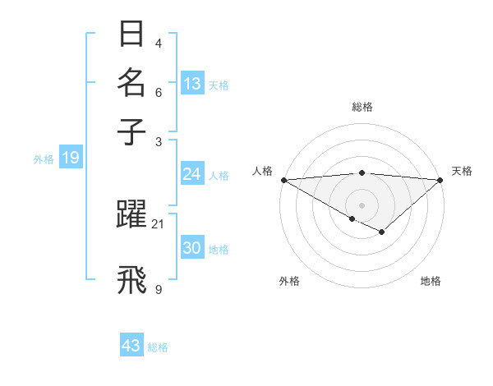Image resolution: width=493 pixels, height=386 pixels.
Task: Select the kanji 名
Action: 131,84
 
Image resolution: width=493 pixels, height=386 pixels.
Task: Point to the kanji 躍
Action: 131,214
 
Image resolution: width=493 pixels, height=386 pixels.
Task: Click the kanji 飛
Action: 131,278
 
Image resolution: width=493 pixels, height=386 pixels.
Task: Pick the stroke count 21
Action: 158,223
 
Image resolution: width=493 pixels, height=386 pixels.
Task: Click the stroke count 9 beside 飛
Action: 158,288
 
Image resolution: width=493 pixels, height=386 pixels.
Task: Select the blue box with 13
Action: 192,83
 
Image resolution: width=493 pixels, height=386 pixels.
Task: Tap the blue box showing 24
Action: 191,174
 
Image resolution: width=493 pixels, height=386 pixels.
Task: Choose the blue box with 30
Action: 191,248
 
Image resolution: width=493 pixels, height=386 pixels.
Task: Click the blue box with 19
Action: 71,159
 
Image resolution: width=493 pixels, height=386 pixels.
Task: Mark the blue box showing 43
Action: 131,346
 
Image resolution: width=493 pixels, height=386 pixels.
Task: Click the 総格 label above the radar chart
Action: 362,107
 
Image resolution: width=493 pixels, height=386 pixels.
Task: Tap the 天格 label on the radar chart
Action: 462,171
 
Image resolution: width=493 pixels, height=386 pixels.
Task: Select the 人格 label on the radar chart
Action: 263,171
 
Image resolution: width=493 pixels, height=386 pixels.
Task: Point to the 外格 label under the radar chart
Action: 289,281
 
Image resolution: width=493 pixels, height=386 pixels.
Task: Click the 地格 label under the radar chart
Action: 431,281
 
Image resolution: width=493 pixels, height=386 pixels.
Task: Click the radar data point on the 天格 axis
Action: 440,180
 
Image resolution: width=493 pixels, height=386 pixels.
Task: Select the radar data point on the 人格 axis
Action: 283,180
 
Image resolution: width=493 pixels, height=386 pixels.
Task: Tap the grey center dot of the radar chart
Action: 362,204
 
